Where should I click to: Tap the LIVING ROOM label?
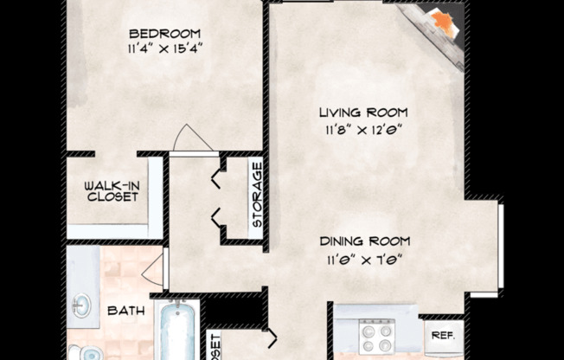(x=362, y=113)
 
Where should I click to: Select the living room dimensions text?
(x=362, y=130)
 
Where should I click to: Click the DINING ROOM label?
(x=363, y=241)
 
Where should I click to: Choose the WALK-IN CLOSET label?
(x=112, y=190)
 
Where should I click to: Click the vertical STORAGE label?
(x=257, y=195)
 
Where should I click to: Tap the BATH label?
(x=125, y=309)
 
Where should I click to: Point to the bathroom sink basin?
(x=80, y=305)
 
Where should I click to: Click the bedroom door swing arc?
(x=190, y=138)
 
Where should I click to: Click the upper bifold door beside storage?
(x=216, y=179)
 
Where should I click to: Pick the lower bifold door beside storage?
(x=216, y=220)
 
